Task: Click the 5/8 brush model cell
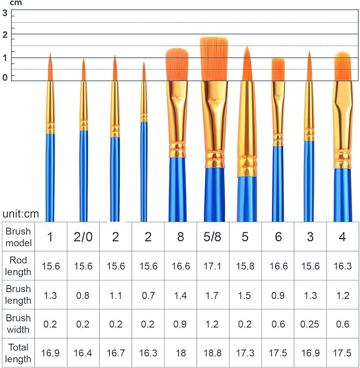click(213, 237)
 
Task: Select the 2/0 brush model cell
click(83, 237)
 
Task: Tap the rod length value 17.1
click(213, 266)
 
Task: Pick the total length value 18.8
click(213, 353)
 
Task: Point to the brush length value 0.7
click(148, 295)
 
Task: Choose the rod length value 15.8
click(245, 266)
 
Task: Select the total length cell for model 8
click(180, 353)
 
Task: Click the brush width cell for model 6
click(278, 324)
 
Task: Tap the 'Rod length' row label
click(19, 266)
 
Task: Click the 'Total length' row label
click(19, 353)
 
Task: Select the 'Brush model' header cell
click(19, 237)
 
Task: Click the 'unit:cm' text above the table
click(20, 214)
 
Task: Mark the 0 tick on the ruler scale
click(5, 77)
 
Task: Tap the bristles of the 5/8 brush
click(214, 58)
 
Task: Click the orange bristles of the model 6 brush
click(278, 69)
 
